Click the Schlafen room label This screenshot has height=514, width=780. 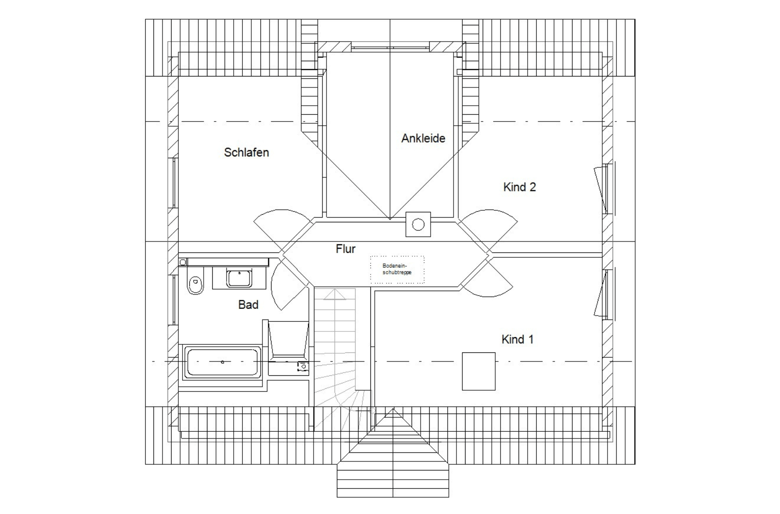pos(247,152)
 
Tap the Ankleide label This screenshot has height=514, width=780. pos(423,138)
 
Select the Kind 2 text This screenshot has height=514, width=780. pos(520,187)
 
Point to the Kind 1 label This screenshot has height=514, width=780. pos(518,339)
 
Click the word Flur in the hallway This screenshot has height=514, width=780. pos(346,249)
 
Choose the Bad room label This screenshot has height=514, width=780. pos(248,305)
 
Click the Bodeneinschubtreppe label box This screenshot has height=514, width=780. pos(397,269)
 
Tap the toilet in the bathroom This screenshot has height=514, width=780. pos(195,281)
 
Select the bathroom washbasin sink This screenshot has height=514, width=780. pos(239,278)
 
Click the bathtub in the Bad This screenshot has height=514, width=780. pos(223,362)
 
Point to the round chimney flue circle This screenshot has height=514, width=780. pos(418,225)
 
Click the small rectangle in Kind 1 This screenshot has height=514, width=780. pos(479,372)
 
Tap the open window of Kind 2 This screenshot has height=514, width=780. pos(600,190)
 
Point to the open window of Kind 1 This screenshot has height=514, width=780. pos(600,295)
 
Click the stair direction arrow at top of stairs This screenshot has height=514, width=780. pos(335,295)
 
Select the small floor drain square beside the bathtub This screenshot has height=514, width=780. pos(303,366)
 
